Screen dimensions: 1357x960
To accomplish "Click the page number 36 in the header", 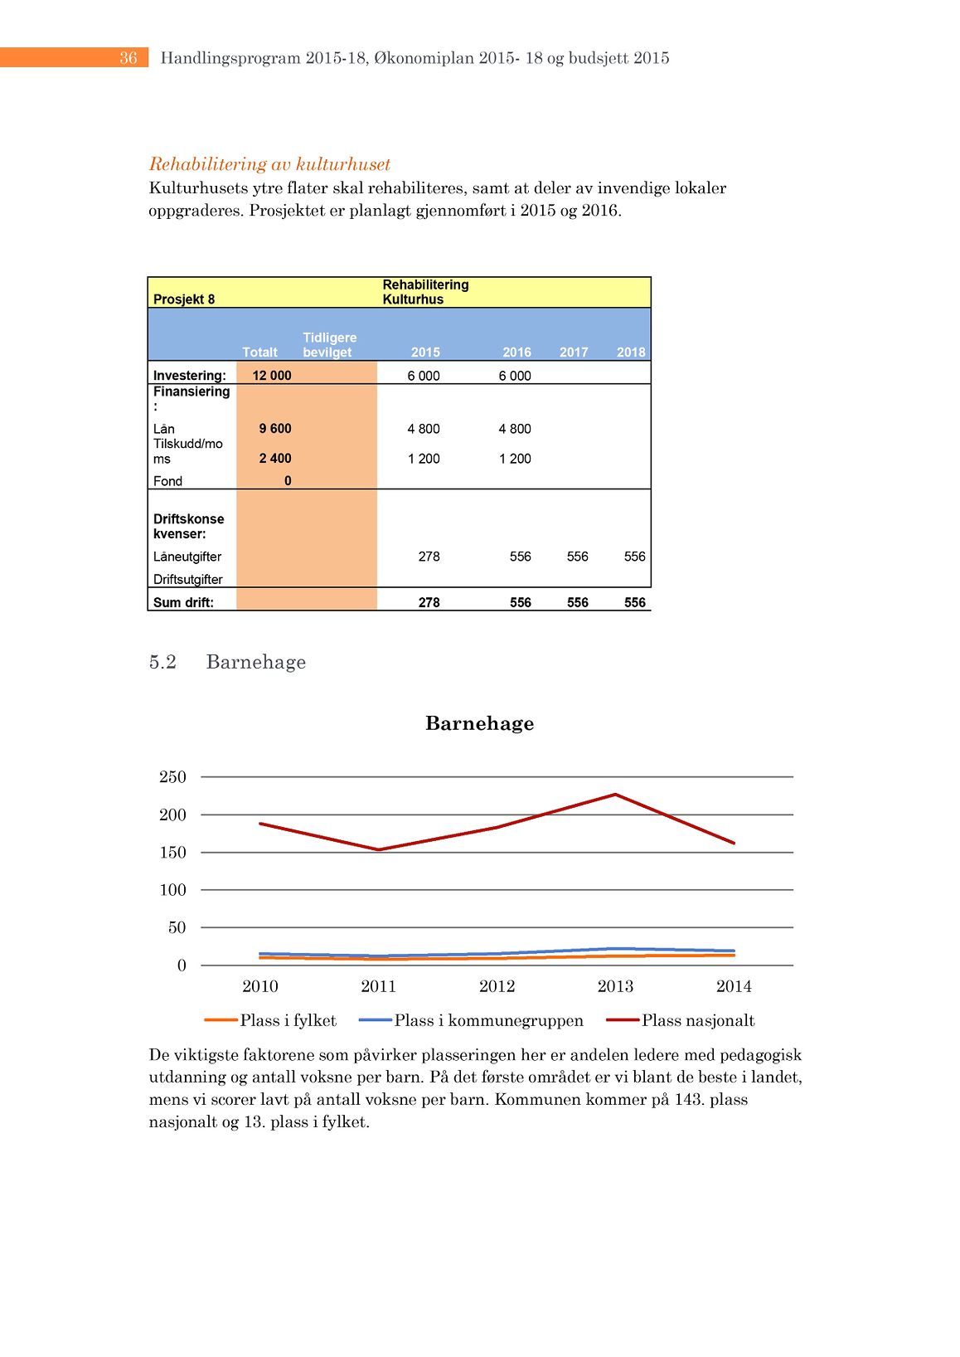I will click(128, 58).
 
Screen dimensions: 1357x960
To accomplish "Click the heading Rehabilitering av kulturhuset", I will click(269, 164).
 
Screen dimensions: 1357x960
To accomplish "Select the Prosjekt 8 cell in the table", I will click(184, 299).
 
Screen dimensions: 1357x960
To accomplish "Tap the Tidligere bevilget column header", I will click(329, 345).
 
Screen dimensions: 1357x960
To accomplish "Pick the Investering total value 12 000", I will click(272, 376).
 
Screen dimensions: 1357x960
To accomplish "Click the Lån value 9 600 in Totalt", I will click(275, 429).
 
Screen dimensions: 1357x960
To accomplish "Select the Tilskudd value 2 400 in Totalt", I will click(275, 459).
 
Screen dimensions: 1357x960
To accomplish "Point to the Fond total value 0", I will click(288, 481).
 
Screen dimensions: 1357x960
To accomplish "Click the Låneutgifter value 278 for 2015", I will click(429, 557).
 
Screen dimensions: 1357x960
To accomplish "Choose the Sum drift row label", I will click(183, 603).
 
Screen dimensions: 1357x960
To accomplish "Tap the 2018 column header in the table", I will click(631, 353).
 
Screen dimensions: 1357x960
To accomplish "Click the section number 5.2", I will click(162, 662).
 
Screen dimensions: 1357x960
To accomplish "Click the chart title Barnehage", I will click(479, 723).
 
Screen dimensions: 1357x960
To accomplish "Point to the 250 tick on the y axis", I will click(172, 777).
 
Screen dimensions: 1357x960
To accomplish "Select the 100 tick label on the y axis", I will click(172, 890).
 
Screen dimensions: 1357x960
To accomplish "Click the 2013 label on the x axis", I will click(615, 986).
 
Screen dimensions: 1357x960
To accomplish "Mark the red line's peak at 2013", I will click(615, 795).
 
